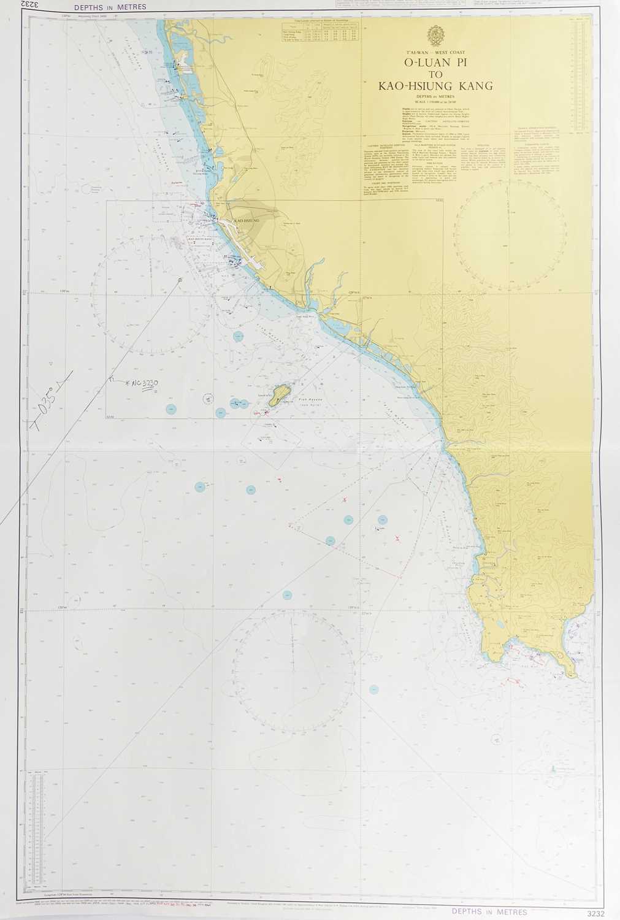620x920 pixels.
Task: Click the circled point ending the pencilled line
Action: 180,280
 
